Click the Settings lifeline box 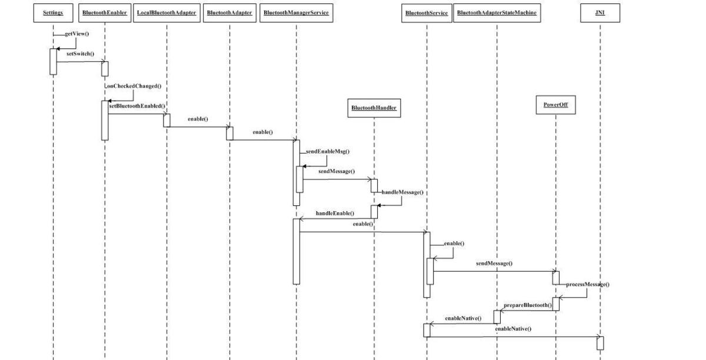tap(53, 14)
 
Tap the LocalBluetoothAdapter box tap(166, 14)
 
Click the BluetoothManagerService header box tap(296, 14)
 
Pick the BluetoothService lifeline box tap(427, 14)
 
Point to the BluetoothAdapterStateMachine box tap(497, 14)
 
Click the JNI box tap(600, 14)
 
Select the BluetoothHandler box tap(374, 108)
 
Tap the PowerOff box tap(555, 106)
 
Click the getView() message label tap(76, 34)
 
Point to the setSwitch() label tap(80, 54)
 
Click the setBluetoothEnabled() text tap(137, 106)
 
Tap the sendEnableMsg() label tap(328, 151)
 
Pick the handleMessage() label tap(402, 192)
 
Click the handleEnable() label tap(335, 213)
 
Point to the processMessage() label tap(587, 285)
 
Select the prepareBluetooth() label tap(527, 305)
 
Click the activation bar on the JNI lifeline tap(600, 343)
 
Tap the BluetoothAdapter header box tap(229, 14)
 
